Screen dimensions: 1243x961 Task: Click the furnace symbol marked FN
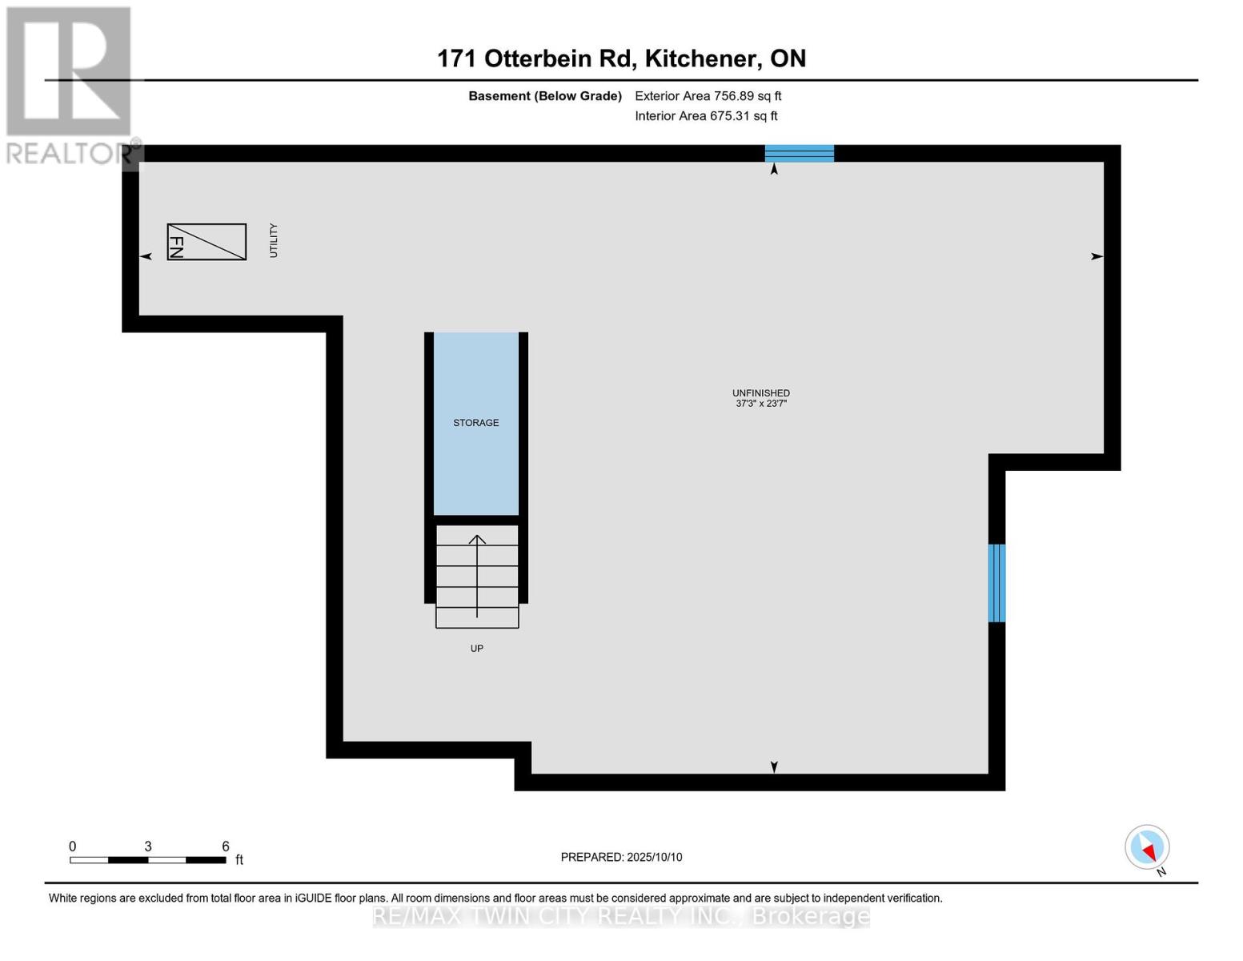click(x=206, y=242)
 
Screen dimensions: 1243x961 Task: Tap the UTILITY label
click(x=274, y=240)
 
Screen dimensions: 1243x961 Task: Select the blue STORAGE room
click(x=476, y=424)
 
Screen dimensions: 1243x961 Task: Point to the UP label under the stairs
click(x=476, y=648)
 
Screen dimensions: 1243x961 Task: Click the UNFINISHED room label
click(x=761, y=392)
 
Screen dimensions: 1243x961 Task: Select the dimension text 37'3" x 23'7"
click(x=761, y=404)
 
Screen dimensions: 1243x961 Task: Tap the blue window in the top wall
click(x=799, y=154)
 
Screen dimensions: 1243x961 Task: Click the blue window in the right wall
click(x=996, y=583)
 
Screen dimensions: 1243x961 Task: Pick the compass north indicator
click(x=1147, y=847)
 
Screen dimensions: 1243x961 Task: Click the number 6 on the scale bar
click(x=226, y=846)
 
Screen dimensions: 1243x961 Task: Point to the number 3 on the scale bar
click(x=147, y=846)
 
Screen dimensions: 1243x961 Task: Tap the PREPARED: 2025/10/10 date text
click(x=621, y=857)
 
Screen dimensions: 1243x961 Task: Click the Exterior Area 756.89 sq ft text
click(x=708, y=96)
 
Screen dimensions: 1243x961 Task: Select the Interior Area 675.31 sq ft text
click(x=706, y=115)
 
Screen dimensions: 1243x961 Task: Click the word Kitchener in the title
click(x=703, y=58)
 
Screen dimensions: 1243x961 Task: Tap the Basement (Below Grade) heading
click(x=544, y=96)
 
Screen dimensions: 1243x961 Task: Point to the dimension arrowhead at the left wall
click(x=146, y=256)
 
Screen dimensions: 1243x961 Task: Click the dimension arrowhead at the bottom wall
click(x=774, y=767)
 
